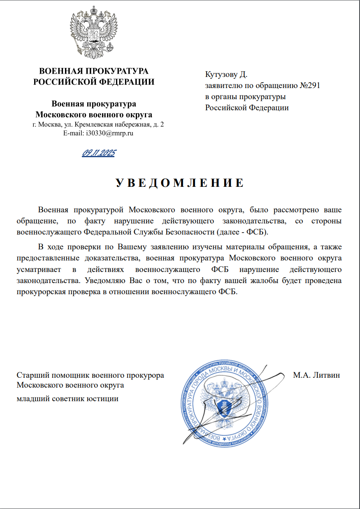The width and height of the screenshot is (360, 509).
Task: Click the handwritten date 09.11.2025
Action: [x=99, y=153]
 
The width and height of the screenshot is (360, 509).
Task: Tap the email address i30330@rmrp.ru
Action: [x=98, y=133]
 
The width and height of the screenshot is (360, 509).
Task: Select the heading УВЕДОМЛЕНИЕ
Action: [x=179, y=184]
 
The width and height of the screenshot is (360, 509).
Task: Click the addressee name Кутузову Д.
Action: [x=226, y=74]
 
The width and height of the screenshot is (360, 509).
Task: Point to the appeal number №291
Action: [x=309, y=86]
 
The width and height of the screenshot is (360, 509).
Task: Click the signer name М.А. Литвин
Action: [x=316, y=375]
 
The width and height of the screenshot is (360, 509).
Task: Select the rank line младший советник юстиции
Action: [x=67, y=398]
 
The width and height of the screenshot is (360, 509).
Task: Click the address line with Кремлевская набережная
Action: [x=98, y=124]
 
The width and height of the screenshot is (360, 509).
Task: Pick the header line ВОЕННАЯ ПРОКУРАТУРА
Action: [x=94, y=71]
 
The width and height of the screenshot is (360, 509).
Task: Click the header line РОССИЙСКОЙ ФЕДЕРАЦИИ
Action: [x=94, y=82]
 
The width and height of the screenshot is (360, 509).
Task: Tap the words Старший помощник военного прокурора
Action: [x=90, y=375]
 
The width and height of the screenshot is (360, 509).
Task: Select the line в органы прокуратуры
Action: [x=246, y=97]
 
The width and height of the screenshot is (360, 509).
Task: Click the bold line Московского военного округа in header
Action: [x=94, y=114]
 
